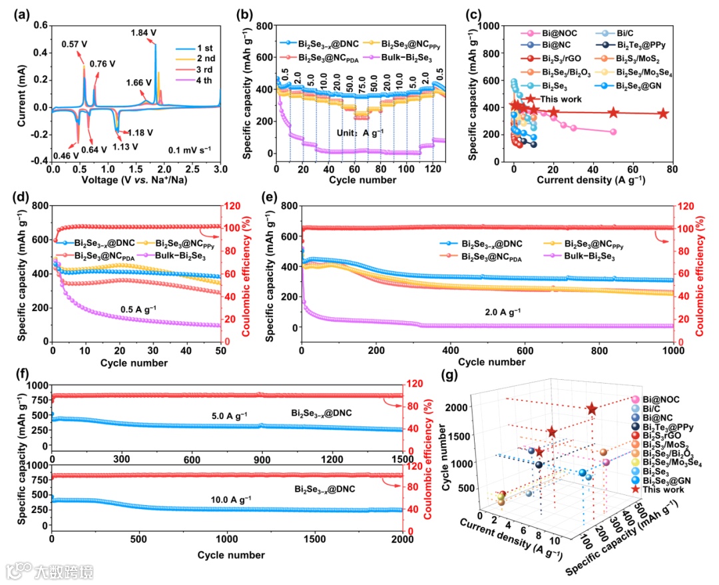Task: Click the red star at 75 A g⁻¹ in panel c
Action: (x=663, y=113)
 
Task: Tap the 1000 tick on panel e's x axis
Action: (x=674, y=351)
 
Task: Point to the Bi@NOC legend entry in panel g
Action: (x=660, y=400)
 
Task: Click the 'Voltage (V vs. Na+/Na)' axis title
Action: (x=136, y=179)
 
